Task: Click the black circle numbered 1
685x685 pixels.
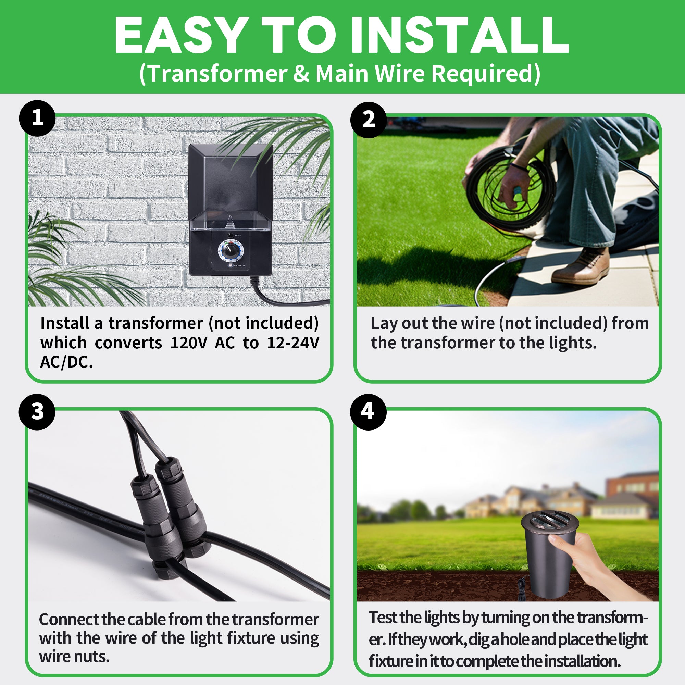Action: click(x=37, y=118)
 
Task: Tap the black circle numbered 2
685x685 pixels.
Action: click(x=369, y=120)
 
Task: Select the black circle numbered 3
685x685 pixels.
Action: click(x=37, y=412)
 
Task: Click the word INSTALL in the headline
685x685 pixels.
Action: click(x=460, y=36)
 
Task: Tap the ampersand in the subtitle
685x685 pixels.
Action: click(x=301, y=74)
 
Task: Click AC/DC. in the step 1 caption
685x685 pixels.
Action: click(x=67, y=362)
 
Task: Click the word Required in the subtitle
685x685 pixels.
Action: click(x=486, y=74)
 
